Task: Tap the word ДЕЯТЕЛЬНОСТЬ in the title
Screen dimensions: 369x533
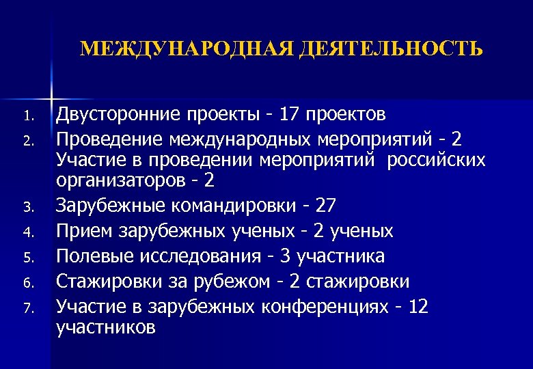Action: [x=382, y=49]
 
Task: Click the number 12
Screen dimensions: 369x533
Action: [x=418, y=307]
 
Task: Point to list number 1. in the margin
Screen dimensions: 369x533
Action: [x=28, y=114]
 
